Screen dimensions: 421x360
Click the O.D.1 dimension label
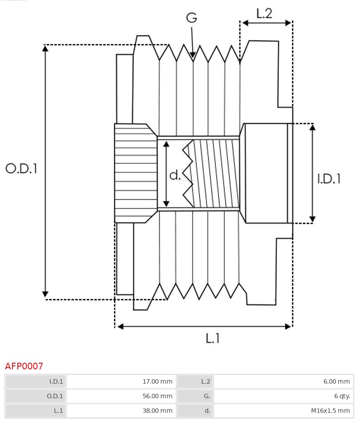tap(21, 168)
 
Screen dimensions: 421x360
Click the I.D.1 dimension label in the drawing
tap(329, 178)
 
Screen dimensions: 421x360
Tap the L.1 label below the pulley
tap(213, 338)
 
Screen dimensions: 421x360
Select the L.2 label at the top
tap(264, 13)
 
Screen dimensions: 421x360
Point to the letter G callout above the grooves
tap(191, 18)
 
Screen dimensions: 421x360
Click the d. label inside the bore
tap(175, 175)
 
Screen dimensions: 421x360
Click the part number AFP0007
tap(24, 366)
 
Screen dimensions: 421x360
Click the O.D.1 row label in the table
tap(55, 396)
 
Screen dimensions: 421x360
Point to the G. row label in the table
tap(206, 396)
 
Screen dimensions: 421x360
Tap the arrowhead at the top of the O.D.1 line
tap(45, 48)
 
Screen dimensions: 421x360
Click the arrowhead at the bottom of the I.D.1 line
tap(312, 219)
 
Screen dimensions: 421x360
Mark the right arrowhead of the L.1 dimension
tap(288, 326)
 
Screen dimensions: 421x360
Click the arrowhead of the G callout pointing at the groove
tap(193, 56)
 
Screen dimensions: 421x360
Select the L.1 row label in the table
tap(58, 411)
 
